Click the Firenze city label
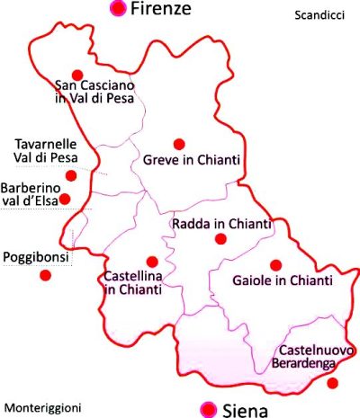pos(161,10)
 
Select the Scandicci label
pos(319,15)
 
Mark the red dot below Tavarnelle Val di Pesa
pos(71,175)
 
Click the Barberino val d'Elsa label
pos(31,194)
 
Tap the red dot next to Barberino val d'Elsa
pos(64,198)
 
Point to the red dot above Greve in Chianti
pos(178,143)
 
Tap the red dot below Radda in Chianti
pos(220,239)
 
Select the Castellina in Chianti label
pos(133,282)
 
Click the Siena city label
pos(244,410)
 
